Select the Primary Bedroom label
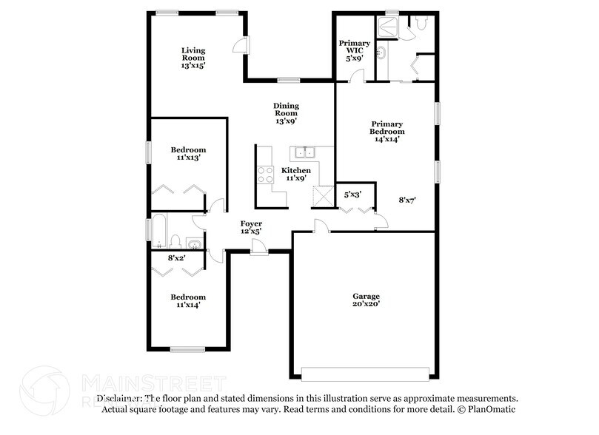(387, 128)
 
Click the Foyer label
(251, 223)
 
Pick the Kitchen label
(295, 171)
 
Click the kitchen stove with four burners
(264, 176)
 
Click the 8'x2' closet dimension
(176, 257)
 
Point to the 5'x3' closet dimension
(353, 195)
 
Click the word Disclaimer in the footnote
(118, 398)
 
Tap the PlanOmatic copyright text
(490, 409)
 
